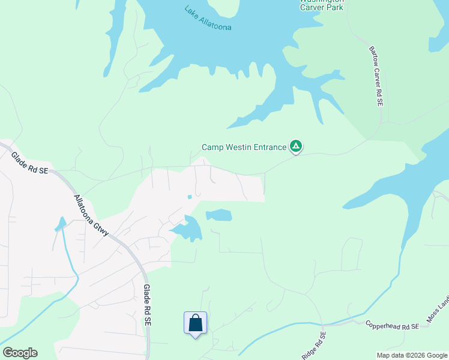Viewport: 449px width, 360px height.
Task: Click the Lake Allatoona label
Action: tap(208, 19)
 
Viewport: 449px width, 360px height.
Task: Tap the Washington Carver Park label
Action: tap(322, 6)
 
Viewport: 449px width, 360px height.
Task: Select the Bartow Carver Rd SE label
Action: tap(376, 76)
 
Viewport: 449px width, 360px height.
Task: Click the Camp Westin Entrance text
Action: tap(244, 147)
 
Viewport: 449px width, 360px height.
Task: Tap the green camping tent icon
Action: tap(295, 146)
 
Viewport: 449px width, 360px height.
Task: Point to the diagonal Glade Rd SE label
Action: tap(29, 163)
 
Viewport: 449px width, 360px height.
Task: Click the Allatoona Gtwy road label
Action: tap(91, 215)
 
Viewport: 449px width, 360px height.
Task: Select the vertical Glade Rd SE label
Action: tap(146, 305)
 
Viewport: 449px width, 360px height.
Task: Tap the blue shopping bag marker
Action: tap(196, 323)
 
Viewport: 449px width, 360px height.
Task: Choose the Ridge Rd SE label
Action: tap(313, 346)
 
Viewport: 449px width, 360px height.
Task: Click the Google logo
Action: tap(20, 353)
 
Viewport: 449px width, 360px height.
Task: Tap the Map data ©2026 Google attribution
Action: tap(411, 355)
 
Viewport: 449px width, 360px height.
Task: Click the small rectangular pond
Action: tap(219, 215)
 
